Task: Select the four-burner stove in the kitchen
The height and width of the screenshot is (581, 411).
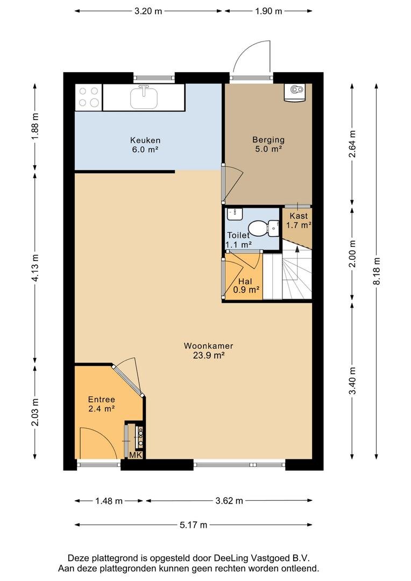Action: point(89,97)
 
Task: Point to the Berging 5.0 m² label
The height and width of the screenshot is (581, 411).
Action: point(268,144)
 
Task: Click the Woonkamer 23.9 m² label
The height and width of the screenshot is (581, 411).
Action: point(208,351)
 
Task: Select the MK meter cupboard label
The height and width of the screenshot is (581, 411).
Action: point(135,455)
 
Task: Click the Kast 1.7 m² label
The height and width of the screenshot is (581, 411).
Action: point(299,220)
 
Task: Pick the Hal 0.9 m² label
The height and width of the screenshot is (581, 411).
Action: point(246,286)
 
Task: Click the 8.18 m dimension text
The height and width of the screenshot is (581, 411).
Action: point(377,272)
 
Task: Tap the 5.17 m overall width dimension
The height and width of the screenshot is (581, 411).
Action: point(194,525)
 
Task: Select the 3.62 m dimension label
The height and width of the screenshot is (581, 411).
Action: point(229,501)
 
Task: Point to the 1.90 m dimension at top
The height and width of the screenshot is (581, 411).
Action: point(268,11)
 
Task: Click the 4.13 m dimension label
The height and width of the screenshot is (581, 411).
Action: point(35,268)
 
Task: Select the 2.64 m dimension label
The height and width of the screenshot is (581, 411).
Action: point(352,144)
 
